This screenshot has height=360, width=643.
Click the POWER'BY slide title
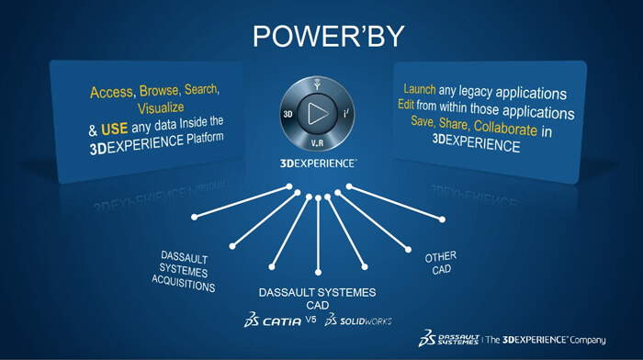pos(329,37)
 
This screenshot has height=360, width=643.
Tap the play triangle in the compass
pos(318,113)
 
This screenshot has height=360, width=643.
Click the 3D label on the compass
pos(288,114)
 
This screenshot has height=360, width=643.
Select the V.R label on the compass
pos(317,143)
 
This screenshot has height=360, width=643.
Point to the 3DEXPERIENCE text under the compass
pos(318,163)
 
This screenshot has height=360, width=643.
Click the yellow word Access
pos(111,92)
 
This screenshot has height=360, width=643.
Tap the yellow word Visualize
pos(161,108)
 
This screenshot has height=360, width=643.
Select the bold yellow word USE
pos(115,129)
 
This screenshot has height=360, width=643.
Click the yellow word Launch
pos(420,89)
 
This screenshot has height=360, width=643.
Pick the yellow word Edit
pos(406,105)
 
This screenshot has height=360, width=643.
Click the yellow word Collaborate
pos(505,128)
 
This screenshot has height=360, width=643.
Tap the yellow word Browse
pos(159,91)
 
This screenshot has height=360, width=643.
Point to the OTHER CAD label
pos(441,263)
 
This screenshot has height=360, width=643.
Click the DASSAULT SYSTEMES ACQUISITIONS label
pos(184,272)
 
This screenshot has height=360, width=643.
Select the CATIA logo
pos(273,321)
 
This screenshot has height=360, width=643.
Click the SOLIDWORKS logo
pos(358,321)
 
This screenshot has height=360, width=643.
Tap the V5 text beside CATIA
pos(310,319)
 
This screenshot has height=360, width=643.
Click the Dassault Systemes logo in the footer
pos(448,339)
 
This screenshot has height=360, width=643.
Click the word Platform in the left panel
pos(205,139)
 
